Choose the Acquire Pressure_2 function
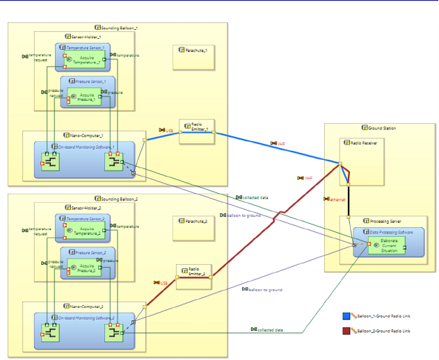click(x=86, y=268)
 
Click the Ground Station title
click(x=382, y=129)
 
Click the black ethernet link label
click(x=337, y=199)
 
